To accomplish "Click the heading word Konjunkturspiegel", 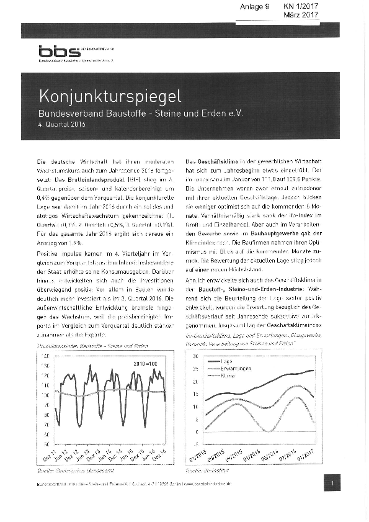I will pyautogui.click(x=110, y=96).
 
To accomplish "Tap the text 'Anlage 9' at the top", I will pyautogui.click(x=254, y=6).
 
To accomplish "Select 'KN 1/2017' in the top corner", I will pyautogui.click(x=300, y=6).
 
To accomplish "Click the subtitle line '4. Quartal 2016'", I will pyautogui.click(x=61, y=124).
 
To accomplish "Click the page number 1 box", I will pyautogui.click(x=332, y=482).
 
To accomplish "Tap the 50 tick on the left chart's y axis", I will pyautogui.click(x=45, y=444).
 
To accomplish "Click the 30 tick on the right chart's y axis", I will pyautogui.click(x=195, y=356).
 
